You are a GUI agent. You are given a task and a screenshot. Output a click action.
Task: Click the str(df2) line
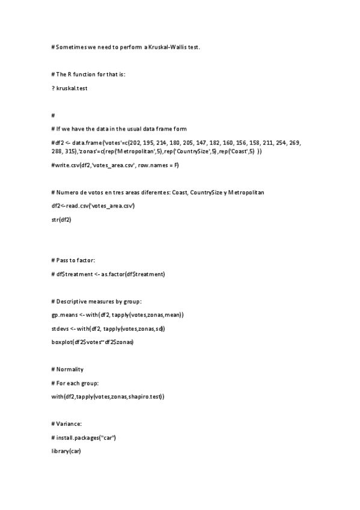[x=63, y=220]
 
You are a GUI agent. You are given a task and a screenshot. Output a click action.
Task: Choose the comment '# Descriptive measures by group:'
[x=100, y=301]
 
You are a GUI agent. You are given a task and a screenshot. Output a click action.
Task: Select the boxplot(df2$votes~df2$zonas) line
[x=93, y=342]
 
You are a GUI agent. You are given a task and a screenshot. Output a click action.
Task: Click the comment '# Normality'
[x=68, y=369]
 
